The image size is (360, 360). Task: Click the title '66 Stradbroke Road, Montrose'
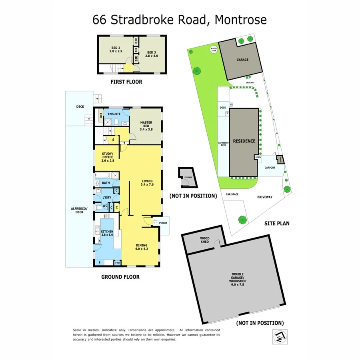click(180, 20)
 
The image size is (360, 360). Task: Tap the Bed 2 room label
click(116, 50)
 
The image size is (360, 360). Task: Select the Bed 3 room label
click(152, 54)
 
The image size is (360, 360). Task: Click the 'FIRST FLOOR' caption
click(126, 82)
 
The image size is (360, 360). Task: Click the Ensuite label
click(114, 114)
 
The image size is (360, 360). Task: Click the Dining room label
click(142, 247)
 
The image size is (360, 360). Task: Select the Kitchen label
click(107, 234)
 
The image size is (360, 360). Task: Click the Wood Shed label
click(205, 240)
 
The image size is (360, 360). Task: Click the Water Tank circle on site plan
click(213, 50)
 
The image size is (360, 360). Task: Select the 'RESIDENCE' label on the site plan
click(244, 141)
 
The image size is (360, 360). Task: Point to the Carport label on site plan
click(270, 168)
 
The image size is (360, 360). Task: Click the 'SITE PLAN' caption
click(277, 224)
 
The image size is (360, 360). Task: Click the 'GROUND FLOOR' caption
click(120, 277)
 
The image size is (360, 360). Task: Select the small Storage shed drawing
click(186, 177)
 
